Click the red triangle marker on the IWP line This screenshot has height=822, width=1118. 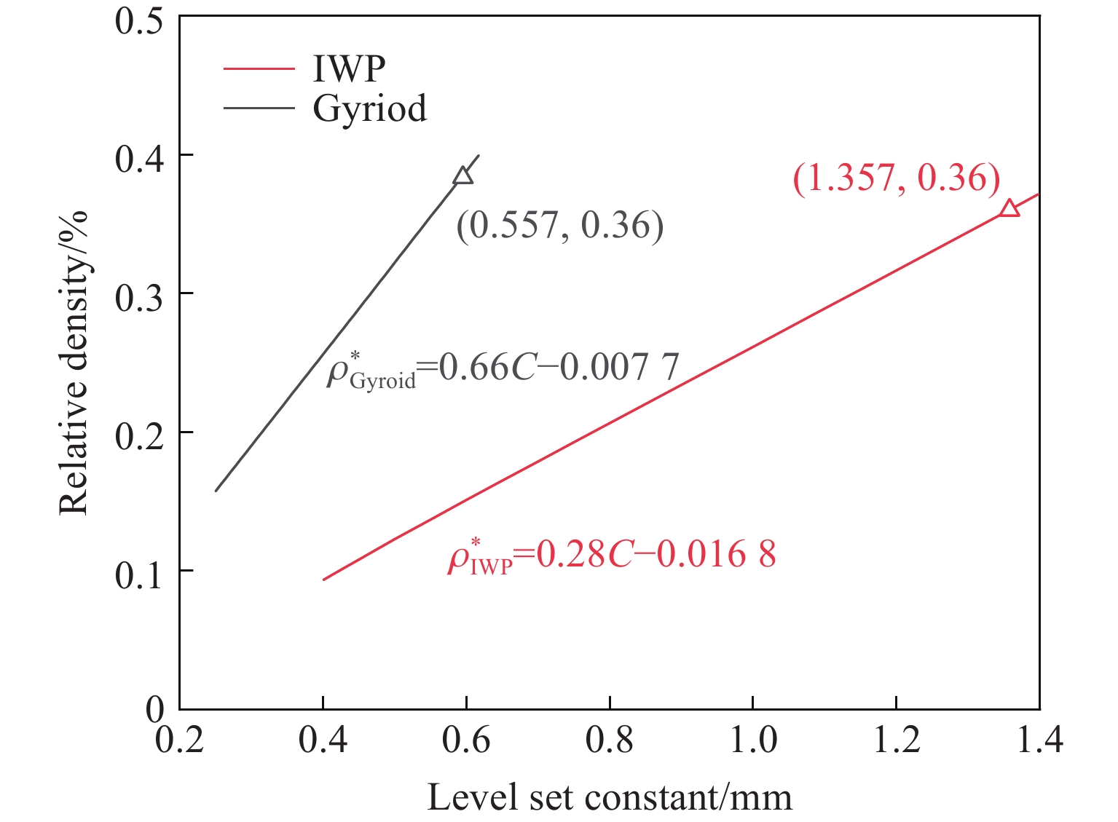(1009, 209)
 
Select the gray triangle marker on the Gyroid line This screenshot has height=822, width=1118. (462, 175)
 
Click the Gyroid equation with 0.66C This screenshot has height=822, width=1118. (503, 368)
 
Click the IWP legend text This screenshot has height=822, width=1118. (349, 68)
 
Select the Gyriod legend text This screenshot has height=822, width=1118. (369, 108)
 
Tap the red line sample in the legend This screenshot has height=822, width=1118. (259, 68)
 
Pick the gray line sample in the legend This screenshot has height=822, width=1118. (259, 108)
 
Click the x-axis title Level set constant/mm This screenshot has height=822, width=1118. (609, 797)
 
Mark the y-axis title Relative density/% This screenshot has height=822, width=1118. (74, 363)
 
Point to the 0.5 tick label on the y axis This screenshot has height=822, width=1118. (138, 17)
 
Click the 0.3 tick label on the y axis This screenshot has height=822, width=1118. (138, 294)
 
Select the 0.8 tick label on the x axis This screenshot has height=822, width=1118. (609, 740)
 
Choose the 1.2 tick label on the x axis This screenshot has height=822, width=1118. (896, 740)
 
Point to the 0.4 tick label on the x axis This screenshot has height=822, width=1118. (323, 740)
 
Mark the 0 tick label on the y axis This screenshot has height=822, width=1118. (154, 709)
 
